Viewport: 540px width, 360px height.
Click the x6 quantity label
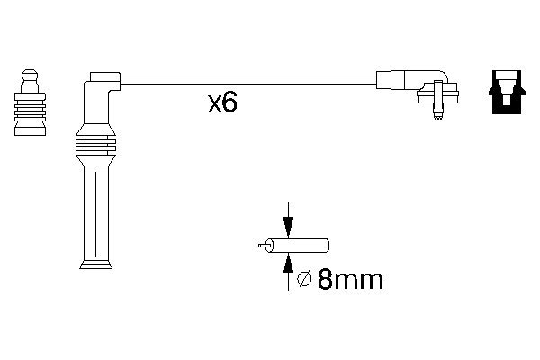coord(222,103)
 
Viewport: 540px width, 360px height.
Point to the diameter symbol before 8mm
coord(304,281)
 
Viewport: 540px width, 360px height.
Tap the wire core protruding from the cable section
coord(263,245)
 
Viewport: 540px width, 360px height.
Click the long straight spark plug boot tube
coord(95,211)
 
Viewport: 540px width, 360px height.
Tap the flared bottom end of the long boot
coord(95,264)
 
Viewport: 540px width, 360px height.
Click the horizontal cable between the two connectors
coord(243,80)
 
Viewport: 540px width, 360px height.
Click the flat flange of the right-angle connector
coord(438,92)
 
